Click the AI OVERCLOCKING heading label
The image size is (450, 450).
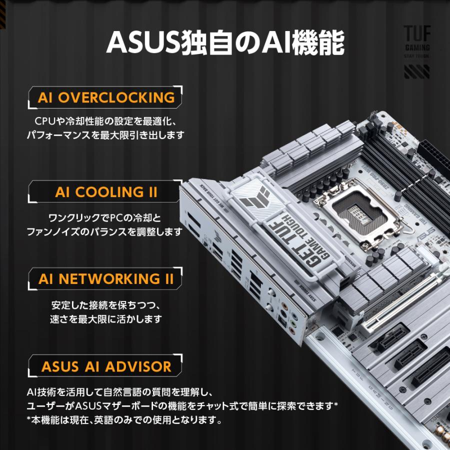(x=106, y=97)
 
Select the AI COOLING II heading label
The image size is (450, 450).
(x=106, y=192)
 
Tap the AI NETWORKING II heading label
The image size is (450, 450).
(x=106, y=279)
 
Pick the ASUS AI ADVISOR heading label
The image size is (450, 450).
(x=106, y=366)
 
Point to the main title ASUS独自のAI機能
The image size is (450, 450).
(x=225, y=44)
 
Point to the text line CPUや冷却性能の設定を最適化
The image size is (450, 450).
(x=106, y=121)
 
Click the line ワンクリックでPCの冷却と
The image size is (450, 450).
(x=106, y=218)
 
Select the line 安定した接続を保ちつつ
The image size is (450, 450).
(x=106, y=305)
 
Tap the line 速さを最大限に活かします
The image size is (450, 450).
(x=106, y=319)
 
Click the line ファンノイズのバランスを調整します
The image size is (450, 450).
(x=106, y=232)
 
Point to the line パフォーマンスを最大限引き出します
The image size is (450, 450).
(x=106, y=135)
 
